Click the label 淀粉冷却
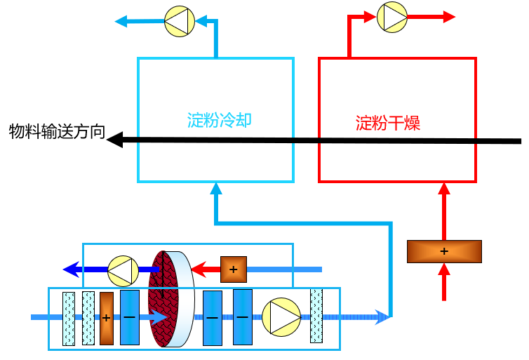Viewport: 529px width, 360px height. tap(219, 120)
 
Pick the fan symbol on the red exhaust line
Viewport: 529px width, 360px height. tap(391, 17)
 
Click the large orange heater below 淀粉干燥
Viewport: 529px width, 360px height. tap(444, 251)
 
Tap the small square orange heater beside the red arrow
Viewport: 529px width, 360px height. tap(234, 269)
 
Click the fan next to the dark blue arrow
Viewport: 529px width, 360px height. tap(122, 269)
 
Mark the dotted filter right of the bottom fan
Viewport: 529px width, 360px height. tap(316, 316)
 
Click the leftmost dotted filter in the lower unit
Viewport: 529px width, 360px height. tap(68, 319)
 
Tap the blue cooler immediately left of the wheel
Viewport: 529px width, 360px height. tap(130, 317)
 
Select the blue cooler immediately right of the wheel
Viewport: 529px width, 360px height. tap(213, 317)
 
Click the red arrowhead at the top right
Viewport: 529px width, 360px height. tap(449, 17)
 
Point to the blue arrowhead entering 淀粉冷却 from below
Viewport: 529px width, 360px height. tap(216, 188)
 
